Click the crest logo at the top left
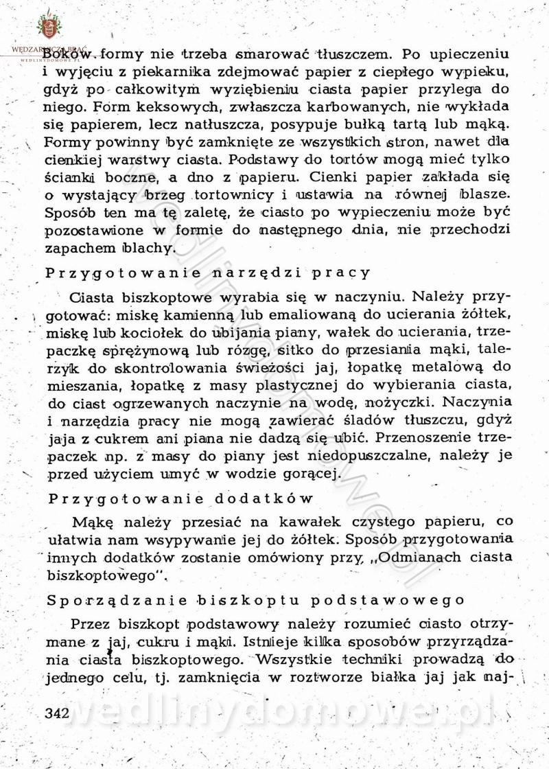click(x=49, y=27)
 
